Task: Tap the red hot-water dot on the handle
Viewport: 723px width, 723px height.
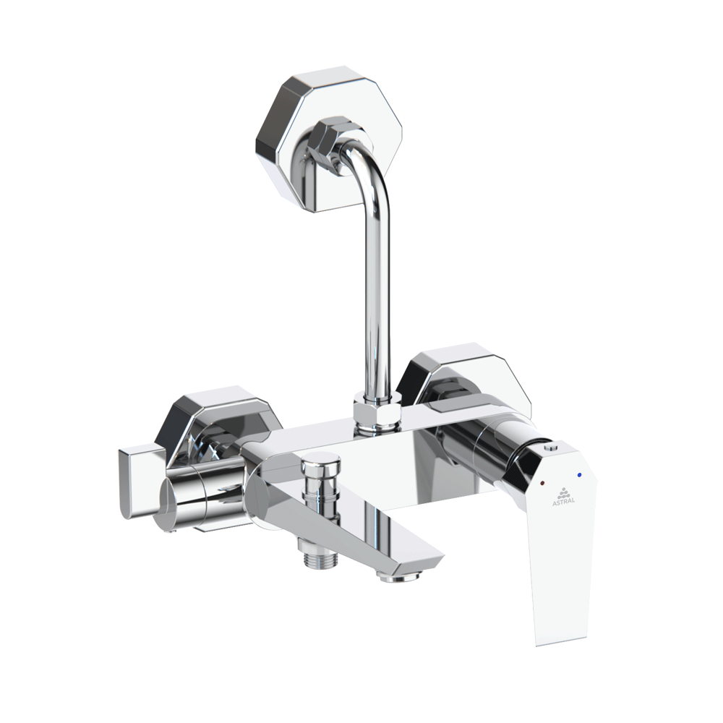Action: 543,481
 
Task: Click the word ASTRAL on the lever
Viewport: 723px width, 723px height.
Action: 563,501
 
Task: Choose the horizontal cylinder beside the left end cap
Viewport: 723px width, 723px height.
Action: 199,492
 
